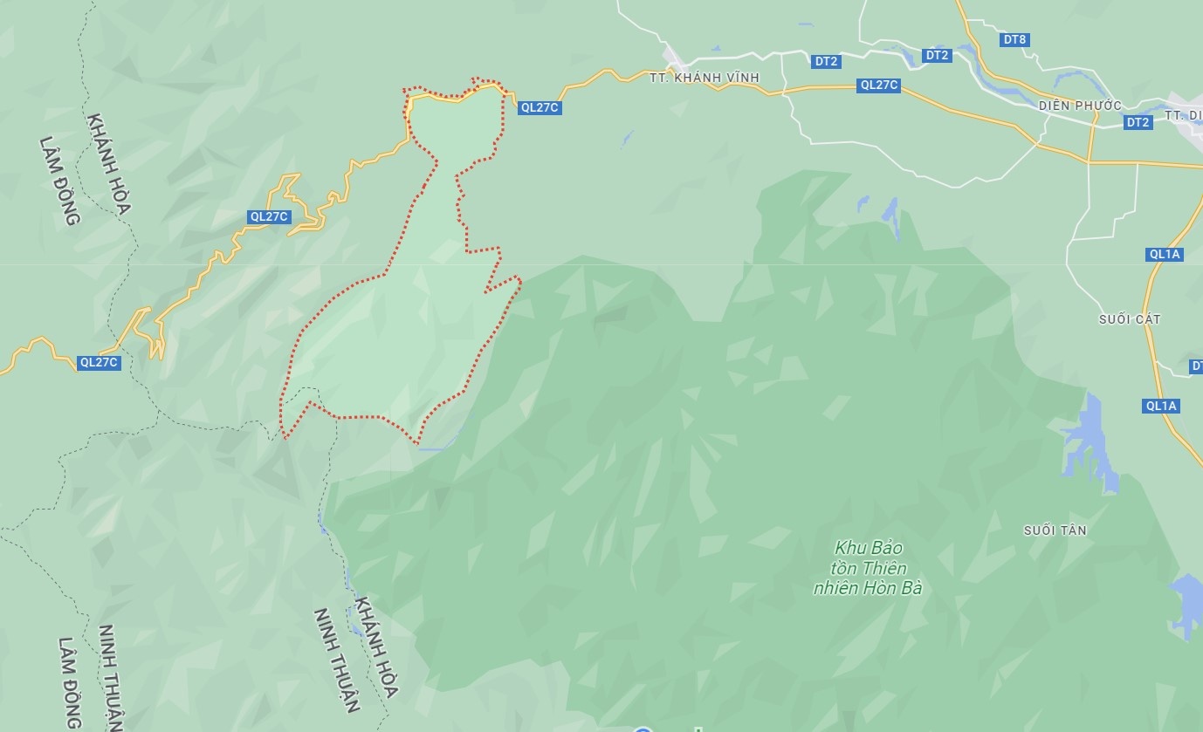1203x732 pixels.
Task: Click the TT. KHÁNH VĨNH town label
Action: click(x=705, y=78)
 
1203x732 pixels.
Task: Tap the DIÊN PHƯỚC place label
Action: click(x=1080, y=106)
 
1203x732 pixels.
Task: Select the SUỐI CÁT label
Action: click(x=1130, y=319)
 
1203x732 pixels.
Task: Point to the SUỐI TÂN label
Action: click(x=1055, y=530)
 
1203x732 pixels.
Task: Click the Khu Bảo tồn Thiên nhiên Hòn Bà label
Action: click(x=868, y=567)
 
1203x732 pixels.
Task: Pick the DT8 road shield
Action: click(x=1014, y=39)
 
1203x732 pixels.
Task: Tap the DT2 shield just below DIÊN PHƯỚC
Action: click(x=1138, y=122)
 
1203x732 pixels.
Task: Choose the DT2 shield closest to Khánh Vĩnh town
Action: click(x=826, y=61)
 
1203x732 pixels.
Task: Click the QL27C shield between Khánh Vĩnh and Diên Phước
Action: click(x=879, y=85)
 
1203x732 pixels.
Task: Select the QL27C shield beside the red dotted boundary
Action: click(x=539, y=108)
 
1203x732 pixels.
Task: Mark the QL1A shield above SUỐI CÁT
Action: click(x=1165, y=254)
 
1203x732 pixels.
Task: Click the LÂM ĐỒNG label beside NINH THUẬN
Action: click(x=71, y=682)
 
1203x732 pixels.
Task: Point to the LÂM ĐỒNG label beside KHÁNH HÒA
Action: click(x=60, y=181)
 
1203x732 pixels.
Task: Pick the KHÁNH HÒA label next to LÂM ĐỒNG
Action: click(x=109, y=164)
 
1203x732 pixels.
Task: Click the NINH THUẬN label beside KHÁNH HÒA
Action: click(x=337, y=660)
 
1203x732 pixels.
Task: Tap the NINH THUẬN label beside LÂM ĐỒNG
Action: click(x=109, y=676)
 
